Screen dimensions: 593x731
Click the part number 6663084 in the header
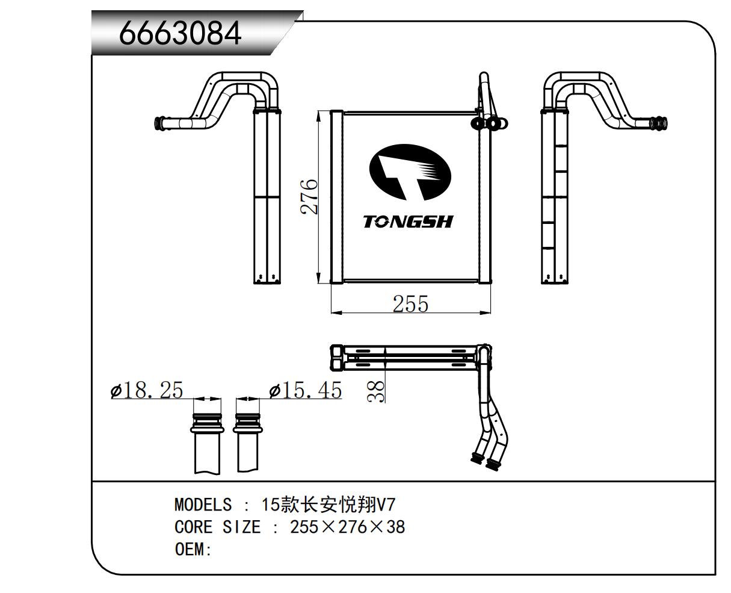tap(180, 34)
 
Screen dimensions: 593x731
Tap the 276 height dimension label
tap(309, 196)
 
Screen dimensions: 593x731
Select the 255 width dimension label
tap(410, 304)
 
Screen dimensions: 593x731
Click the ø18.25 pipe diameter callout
tap(147, 391)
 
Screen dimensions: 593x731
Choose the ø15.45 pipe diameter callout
tap(305, 391)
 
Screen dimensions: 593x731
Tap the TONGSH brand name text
tap(408, 222)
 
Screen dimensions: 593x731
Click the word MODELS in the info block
tap(203, 505)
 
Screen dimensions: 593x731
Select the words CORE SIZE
tap(217, 527)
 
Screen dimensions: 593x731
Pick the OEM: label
tap(193, 550)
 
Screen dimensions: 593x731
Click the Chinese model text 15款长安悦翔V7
tap(328, 505)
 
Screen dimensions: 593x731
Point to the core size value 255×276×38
tap(347, 527)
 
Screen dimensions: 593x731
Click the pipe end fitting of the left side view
tap(162, 124)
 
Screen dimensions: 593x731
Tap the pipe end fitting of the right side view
tap(659, 123)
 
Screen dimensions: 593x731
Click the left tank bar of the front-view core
tap(336, 196)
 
